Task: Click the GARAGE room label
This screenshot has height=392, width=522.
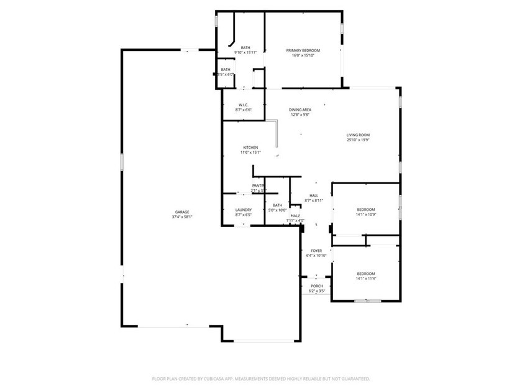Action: point(182,212)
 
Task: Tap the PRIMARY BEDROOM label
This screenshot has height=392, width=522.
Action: point(303,50)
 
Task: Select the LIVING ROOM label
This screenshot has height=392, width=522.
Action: point(358,135)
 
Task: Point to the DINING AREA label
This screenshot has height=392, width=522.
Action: point(300,110)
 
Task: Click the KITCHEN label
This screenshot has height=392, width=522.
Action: point(250,147)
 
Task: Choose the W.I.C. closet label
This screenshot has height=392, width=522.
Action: point(244,105)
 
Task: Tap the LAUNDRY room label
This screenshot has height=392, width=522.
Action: point(244,210)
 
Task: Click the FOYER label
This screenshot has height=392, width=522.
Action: point(316,250)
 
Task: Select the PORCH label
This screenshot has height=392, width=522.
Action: point(317,286)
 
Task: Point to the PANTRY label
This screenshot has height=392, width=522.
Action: point(258,186)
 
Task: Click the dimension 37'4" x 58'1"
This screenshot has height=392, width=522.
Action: point(183,217)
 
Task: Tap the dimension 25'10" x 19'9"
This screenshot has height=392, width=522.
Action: point(358,140)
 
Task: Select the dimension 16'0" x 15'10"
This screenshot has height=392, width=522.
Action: point(303,55)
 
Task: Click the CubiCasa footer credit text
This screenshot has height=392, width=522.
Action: point(261,378)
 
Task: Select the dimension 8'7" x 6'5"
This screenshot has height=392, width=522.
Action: point(244,215)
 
